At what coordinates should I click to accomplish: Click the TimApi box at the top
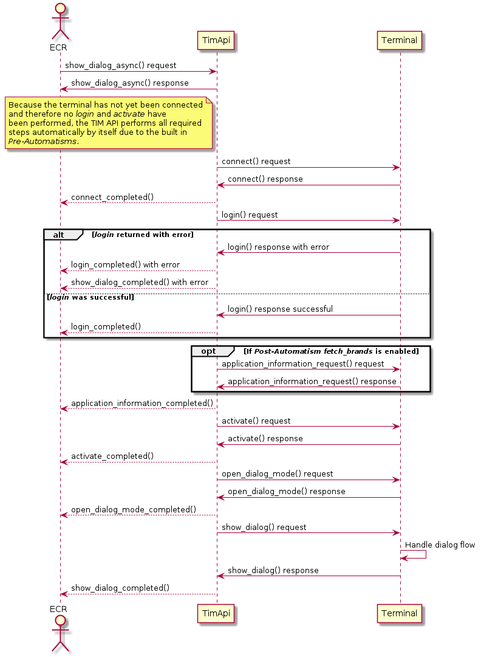click(x=217, y=41)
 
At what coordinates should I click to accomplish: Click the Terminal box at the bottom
click(x=400, y=613)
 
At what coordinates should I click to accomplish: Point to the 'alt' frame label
click(x=58, y=235)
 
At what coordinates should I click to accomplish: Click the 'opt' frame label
click(x=208, y=351)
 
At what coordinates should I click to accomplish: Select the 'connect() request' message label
click(x=256, y=161)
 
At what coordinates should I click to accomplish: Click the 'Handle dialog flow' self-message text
click(x=440, y=545)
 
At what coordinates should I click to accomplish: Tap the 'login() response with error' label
click(x=278, y=247)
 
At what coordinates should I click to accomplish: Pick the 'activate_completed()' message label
click(x=112, y=456)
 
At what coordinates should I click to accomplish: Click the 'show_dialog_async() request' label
click(x=121, y=65)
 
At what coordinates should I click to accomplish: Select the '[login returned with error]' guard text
click(x=142, y=235)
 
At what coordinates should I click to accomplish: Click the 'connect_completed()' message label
click(x=112, y=197)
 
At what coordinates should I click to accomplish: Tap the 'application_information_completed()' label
click(x=142, y=403)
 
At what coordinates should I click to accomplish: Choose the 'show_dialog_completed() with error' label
click(x=140, y=282)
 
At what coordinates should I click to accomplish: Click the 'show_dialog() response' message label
click(x=273, y=570)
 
